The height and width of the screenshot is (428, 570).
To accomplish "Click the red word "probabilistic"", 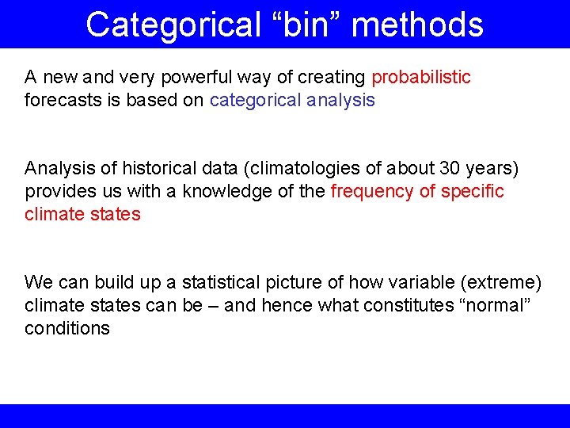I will tap(421, 78).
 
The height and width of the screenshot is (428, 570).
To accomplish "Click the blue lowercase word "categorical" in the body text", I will tap(254, 101).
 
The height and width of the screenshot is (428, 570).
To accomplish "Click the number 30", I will tap(444, 169).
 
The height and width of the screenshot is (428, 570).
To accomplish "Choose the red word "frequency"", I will tap(370, 192).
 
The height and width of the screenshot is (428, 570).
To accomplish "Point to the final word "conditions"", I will tap(67, 329).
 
